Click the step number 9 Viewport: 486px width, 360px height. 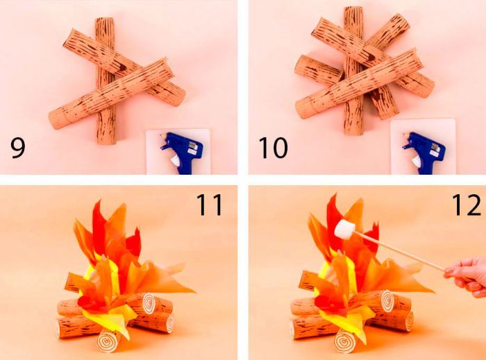tap(17, 148)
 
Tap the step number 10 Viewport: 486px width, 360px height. tap(273, 148)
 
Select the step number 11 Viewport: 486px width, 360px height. tap(210, 205)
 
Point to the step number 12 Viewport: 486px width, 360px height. tap(467, 205)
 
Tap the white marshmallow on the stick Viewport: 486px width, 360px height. tap(344, 230)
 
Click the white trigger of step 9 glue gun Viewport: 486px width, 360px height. tap(175, 162)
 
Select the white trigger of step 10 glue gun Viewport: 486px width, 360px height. tap(418, 162)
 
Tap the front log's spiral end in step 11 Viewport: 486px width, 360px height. tap(107, 341)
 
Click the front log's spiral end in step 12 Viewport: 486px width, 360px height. tap(344, 341)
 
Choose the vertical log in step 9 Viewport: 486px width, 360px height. tap(106, 81)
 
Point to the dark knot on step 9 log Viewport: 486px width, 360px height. tap(121, 67)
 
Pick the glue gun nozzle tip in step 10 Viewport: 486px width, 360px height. tap(405, 136)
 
